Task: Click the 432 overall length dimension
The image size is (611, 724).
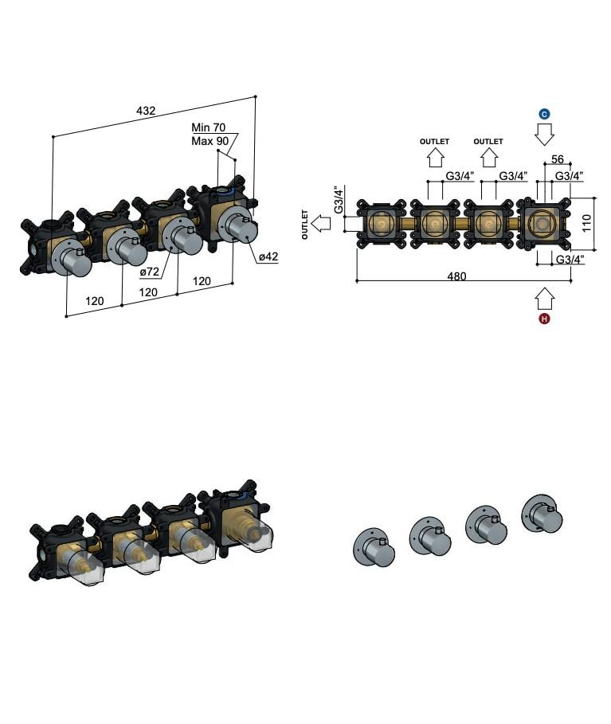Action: click(x=145, y=111)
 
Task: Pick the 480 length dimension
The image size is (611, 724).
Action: click(x=456, y=276)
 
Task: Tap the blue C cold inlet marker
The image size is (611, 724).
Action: click(x=545, y=114)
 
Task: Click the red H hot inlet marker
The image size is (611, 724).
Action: click(x=545, y=319)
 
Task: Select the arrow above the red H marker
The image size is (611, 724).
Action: click(x=545, y=299)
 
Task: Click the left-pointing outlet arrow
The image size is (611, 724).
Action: click(x=323, y=224)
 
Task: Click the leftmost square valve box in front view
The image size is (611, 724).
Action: click(x=382, y=224)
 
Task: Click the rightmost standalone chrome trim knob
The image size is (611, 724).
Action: click(x=542, y=513)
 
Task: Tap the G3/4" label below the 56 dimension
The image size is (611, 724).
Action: click(x=570, y=175)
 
